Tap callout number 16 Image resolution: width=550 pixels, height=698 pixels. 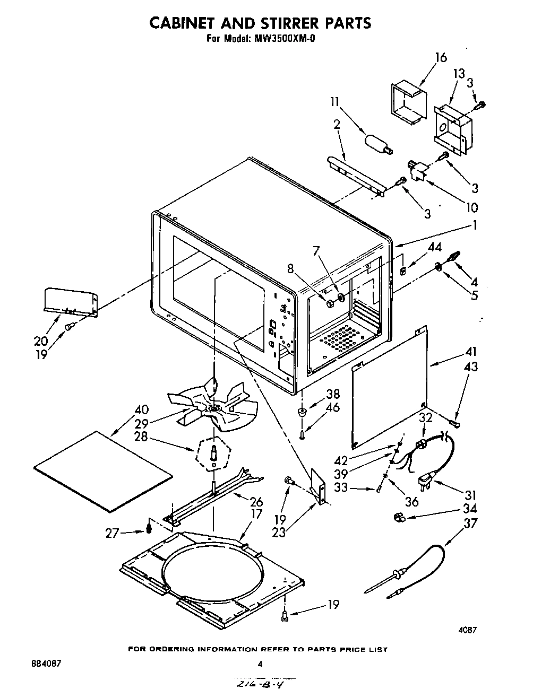click(441, 57)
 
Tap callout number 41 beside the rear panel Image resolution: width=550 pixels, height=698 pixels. click(470, 352)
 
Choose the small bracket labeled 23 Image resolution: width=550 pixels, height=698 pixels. click(319, 485)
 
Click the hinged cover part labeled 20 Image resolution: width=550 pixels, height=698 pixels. click(71, 302)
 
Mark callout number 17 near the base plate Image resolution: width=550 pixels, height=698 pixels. click(257, 513)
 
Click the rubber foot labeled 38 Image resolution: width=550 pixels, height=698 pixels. click(302, 412)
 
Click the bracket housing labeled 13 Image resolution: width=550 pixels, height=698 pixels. click(452, 130)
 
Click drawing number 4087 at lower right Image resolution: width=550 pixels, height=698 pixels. click(467, 631)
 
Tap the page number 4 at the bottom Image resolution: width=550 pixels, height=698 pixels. click(260, 664)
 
